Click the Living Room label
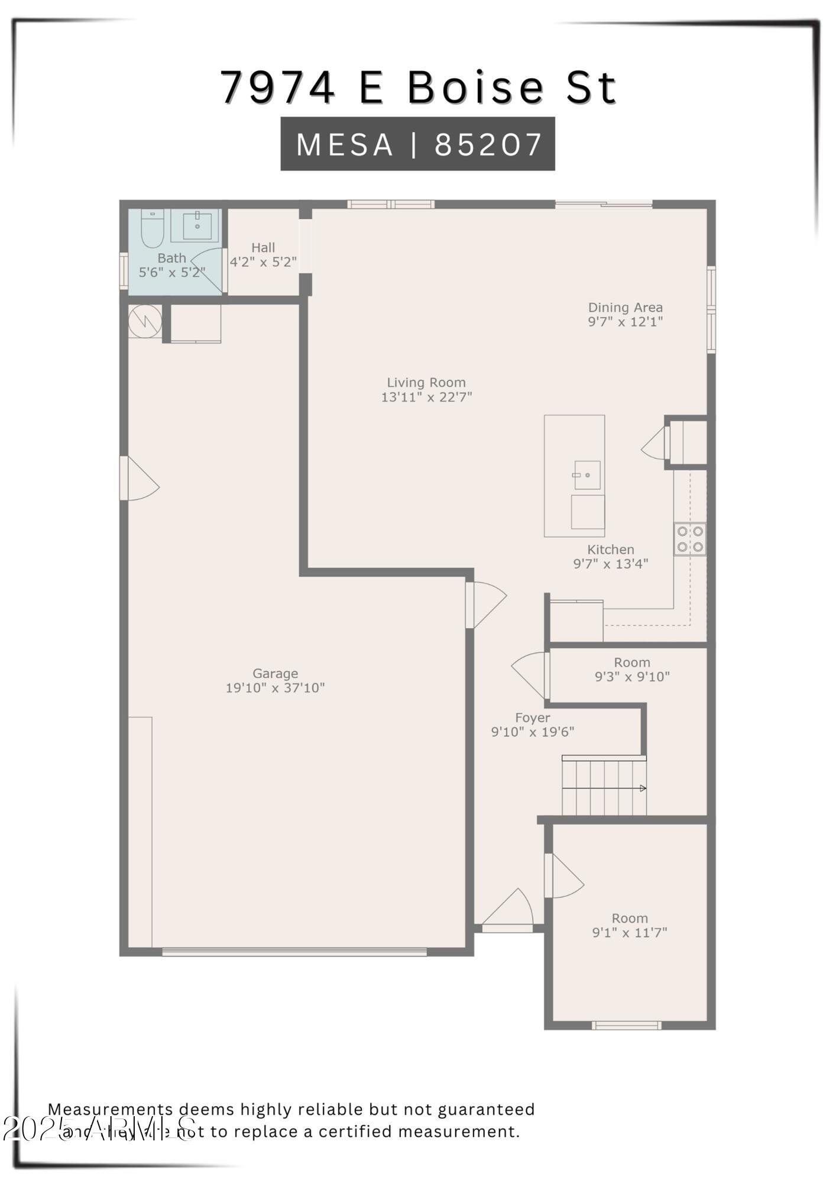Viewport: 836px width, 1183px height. tap(426, 383)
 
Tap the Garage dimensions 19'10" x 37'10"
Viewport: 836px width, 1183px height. tap(275, 688)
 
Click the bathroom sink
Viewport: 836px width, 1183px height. tap(197, 225)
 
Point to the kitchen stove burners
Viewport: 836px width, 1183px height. tap(690, 539)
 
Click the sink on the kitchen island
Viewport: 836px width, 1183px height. tap(587, 474)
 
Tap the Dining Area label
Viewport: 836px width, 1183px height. tap(625, 308)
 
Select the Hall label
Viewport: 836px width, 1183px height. tap(263, 248)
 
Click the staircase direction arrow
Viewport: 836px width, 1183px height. tap(642, 788)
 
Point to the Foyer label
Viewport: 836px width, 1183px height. tap(532, 717)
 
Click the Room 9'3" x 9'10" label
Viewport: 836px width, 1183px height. tap(631, 662)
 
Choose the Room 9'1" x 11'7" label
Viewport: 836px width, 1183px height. tap(630, 918)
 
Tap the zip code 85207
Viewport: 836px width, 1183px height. tap(488, 144)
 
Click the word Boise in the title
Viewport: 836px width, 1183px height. tap(475, 88)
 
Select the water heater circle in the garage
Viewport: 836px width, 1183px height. tap(145, 321)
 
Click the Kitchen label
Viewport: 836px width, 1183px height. tap(610, 550)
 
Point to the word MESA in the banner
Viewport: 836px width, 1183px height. tap(345, 144)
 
